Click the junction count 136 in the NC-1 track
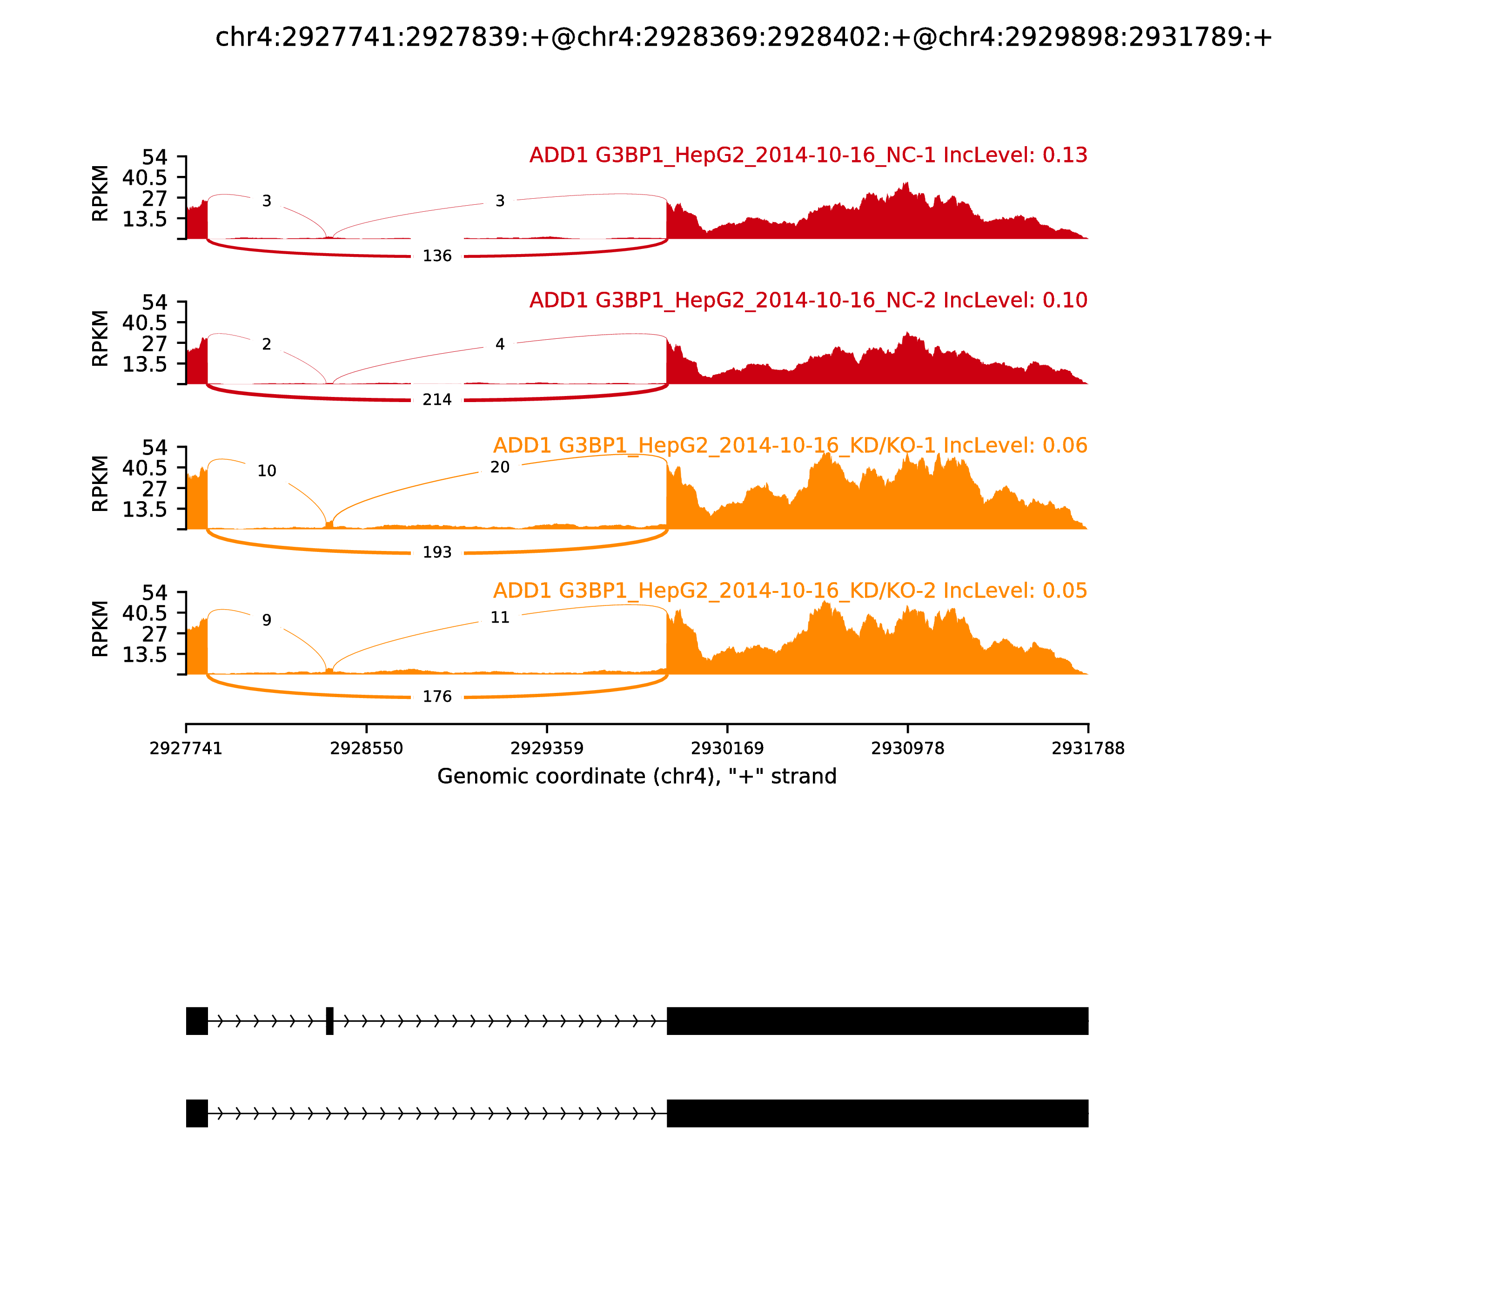pos(437,256)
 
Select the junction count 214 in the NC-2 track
pos(437,400)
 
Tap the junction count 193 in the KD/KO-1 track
pos(437,553)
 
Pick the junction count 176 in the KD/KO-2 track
pos(437,697)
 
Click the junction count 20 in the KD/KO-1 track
pos(499,468)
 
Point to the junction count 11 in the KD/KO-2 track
pos(499,618)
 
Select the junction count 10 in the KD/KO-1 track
pos(267,471)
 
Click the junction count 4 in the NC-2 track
pos(499,345)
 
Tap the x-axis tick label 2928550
pos(367,749)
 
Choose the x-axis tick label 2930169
pos(727,749)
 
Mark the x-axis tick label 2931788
pos(1088,749)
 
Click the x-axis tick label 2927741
pos(186,749)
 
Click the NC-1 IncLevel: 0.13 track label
pos(808,155)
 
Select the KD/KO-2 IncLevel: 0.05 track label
pos(790,591)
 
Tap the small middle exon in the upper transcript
pos(330,1021)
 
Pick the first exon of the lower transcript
pos(197,1113)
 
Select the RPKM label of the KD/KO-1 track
pos(101,484)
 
